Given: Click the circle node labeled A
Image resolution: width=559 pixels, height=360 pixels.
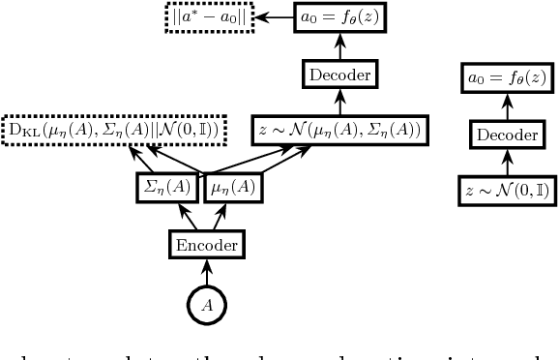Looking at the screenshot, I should click(x=206, y=303).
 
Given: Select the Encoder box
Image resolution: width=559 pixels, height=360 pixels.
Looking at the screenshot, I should click(x=206, y=246).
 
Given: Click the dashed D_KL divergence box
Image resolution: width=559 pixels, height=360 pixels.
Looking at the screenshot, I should click(x=114, y=129).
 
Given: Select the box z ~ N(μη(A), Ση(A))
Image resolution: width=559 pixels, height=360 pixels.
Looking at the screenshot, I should click(x=341, y=129).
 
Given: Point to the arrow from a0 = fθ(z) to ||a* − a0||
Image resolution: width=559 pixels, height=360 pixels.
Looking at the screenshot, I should click(x=281, y=16).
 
